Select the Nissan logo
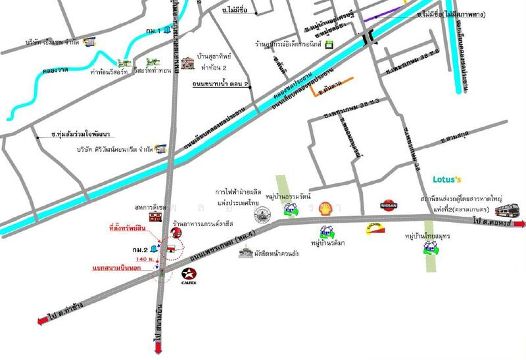pos(389,206)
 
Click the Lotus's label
pos(447,179)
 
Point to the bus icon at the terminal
pos(507,210)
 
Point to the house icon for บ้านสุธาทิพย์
pos(190,63)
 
